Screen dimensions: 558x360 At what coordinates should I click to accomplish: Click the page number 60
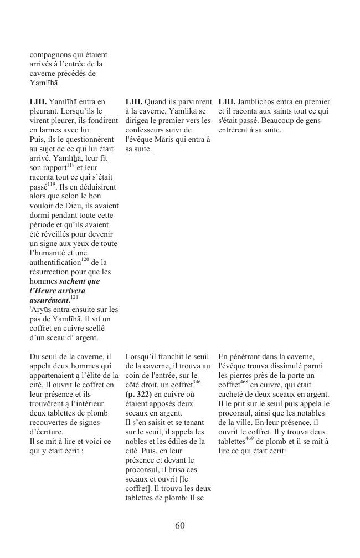click(x=179, y=525)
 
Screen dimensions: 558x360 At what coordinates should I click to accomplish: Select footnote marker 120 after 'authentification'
click(x=85, y=259)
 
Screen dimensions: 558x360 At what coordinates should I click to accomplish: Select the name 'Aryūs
click(x=42, y=310)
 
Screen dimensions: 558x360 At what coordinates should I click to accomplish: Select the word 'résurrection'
click(x=52, y=272)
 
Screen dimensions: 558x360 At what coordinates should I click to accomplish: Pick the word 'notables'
click(x=315, y=413)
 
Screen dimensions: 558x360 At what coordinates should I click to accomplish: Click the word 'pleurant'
click(x=44, y=111)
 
